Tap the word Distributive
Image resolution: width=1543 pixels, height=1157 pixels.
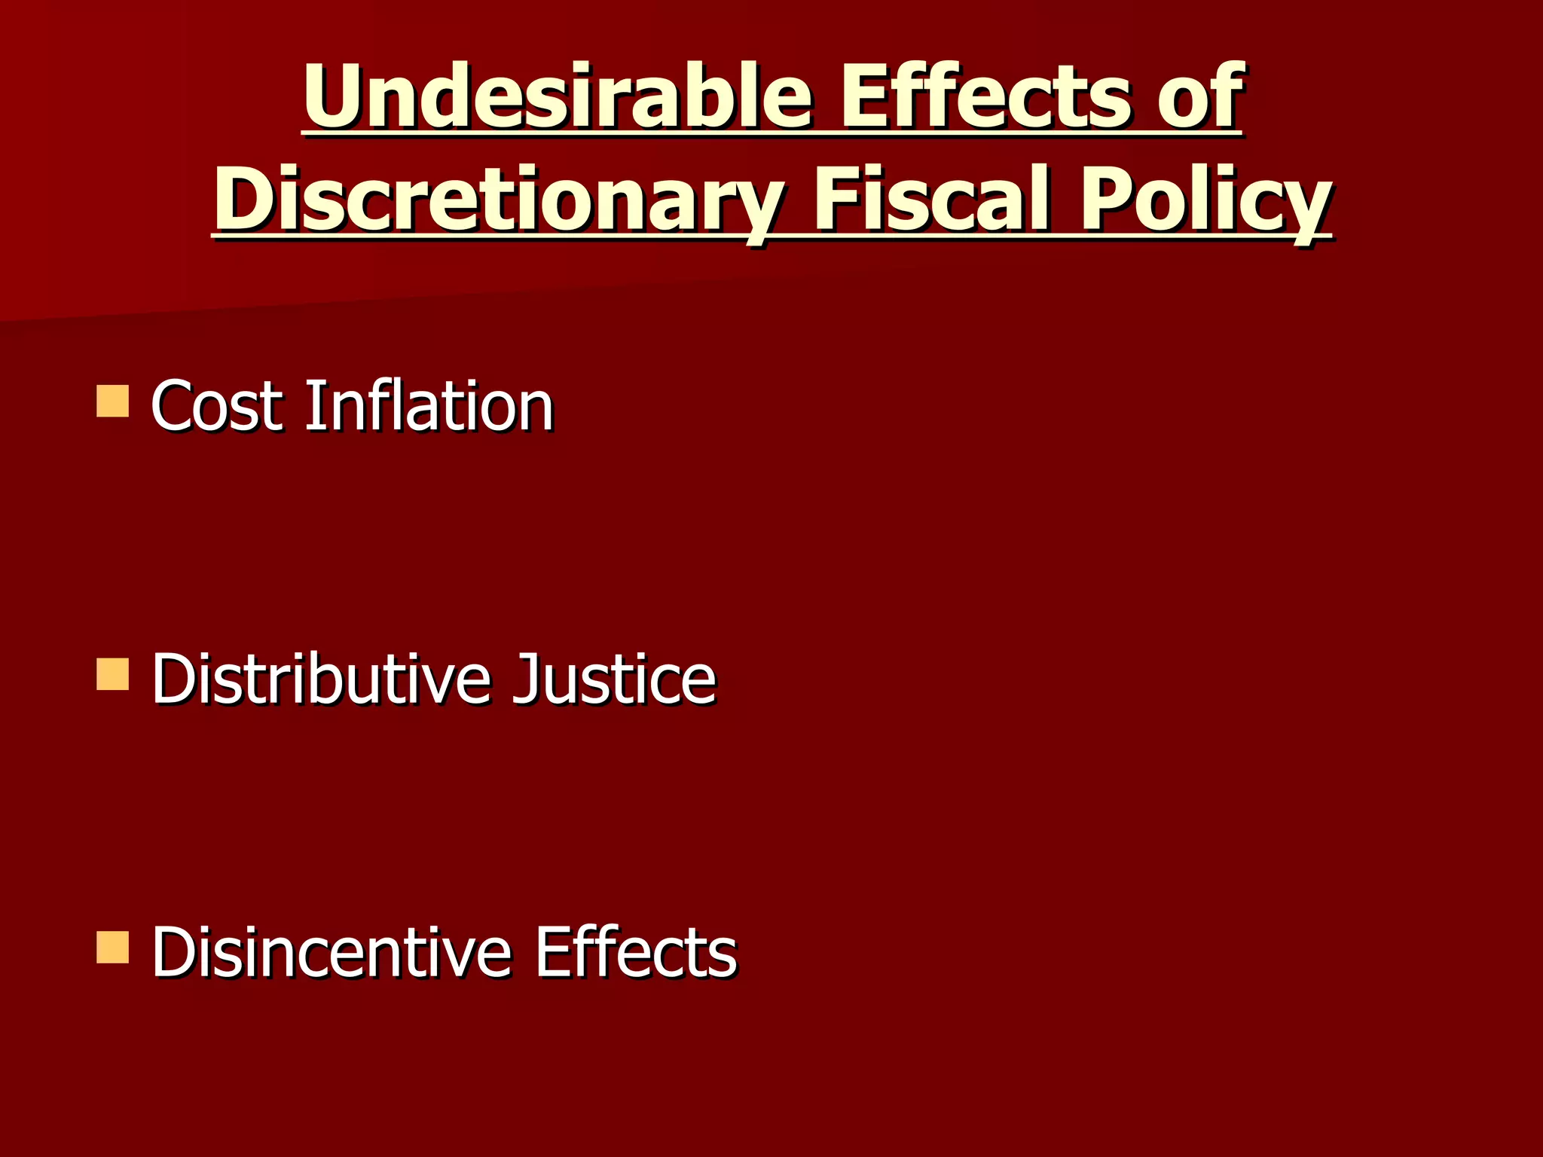[x=320, y=679]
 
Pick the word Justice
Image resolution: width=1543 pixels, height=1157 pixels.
[x=613, y=679]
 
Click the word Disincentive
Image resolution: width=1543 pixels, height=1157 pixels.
[x=332, y=952]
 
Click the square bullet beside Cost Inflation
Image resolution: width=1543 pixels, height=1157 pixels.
[x=113, y=401]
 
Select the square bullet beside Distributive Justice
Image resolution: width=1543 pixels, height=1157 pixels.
[x=113, y=675]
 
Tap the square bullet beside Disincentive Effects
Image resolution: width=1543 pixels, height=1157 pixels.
[x=113, y=948]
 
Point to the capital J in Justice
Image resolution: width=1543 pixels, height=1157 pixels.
[x=524, y=679]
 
